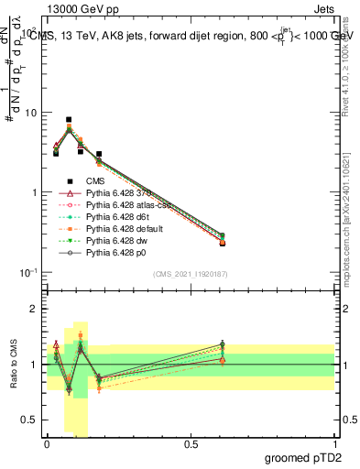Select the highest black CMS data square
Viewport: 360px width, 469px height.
tap(69, 119)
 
